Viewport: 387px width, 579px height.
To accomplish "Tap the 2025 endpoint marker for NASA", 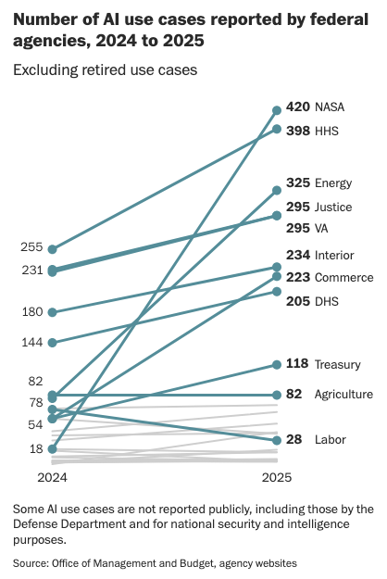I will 276,109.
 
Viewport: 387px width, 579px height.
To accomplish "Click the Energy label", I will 333,183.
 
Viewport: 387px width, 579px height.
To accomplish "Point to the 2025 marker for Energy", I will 276,190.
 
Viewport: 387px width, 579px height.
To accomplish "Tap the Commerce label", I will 343,278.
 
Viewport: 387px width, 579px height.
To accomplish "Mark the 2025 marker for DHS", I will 276,292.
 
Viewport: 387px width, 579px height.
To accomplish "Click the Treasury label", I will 337,364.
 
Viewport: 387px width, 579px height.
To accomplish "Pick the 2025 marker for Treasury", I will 276,364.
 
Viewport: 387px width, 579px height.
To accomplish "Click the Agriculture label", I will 343,395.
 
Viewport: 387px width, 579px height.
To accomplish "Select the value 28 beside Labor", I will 294,439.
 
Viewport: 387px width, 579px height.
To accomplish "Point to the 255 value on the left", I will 31,247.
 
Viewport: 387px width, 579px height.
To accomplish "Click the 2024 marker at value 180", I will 53,312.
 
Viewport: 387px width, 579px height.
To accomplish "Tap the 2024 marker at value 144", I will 53,343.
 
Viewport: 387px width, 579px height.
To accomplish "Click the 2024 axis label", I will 52,477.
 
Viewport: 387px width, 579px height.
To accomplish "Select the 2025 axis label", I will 276,477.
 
